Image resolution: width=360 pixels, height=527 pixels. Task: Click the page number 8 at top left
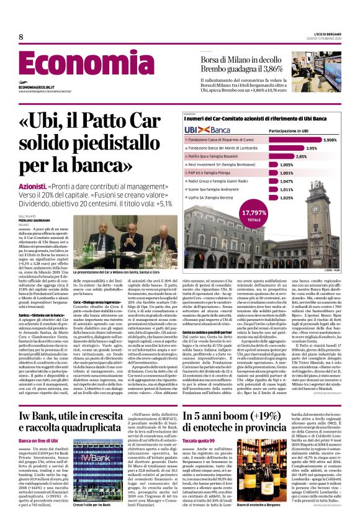tap(20, 37)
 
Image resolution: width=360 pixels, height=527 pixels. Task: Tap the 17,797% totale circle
tap(254, 215)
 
